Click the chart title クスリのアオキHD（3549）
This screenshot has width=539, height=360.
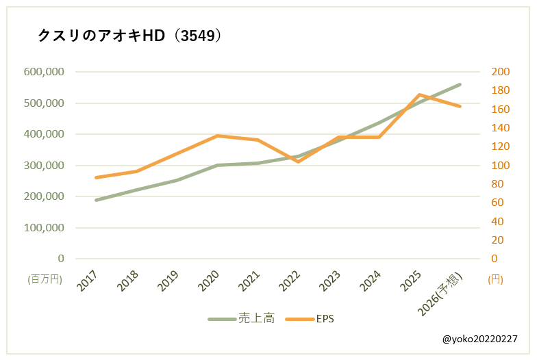click(x=129, y=36)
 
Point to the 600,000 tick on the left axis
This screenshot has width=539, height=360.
click(x=44, y=72)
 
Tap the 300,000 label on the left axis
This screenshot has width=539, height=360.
click(x=44, y=166)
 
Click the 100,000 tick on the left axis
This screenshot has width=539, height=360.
click(x=44, y=228)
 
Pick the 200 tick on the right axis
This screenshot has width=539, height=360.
click(x=501, y=72)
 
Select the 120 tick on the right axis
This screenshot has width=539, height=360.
click(x=501, y=146)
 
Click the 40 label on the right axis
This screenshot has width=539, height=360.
click(x=499, y=221)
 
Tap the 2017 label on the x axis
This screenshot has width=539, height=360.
click(x=87, y=281)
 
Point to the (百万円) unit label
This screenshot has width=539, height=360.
click(x=45, y=279)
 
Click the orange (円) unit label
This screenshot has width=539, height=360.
click(x=495, y=279)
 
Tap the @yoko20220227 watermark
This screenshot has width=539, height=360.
click(x=479, y=339)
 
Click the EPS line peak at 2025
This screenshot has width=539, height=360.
click(x=419, y=94)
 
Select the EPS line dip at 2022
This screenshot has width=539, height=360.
click(x=298, y=162)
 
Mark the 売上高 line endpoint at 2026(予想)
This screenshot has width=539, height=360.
click(x=460, y=84)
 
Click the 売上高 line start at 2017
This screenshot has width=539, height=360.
click(x=96, y=200)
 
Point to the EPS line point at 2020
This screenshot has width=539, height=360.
click(x=217, y=136)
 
